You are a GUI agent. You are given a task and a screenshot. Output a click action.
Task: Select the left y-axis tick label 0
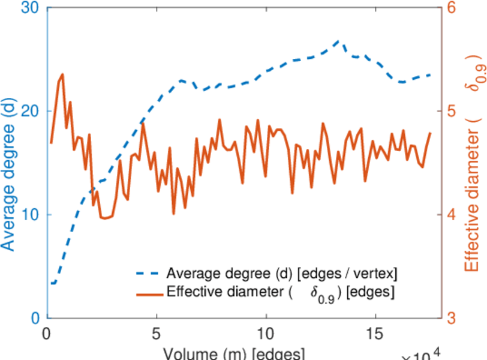tap(35, 318)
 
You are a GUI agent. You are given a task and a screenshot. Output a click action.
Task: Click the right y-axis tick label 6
tap(450, 8)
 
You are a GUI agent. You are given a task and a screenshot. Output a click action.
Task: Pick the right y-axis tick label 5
tap(450, 112)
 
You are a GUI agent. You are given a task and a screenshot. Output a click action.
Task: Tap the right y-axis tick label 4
tap(450, 215)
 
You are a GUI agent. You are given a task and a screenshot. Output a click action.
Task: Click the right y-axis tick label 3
tap(450, 318)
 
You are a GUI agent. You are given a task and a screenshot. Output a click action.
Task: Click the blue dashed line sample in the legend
tap(149, 274)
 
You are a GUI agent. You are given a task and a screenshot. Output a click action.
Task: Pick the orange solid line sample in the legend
tap(149, 293)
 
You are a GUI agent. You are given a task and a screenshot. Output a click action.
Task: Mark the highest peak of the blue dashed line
tap(339, 41)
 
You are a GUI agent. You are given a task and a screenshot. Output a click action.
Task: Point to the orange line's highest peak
tap(62, 74)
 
